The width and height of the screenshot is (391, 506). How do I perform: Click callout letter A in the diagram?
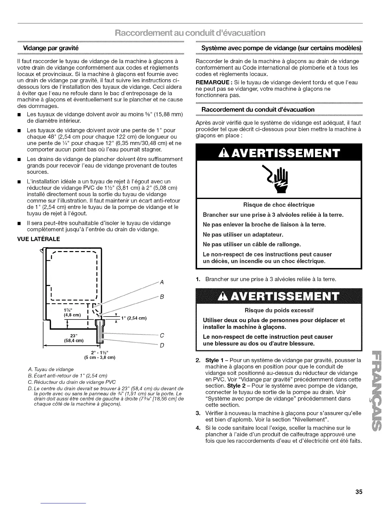tap(162, 282)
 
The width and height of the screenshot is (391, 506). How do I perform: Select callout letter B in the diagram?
tap(162, 297)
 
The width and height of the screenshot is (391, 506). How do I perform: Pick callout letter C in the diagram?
tap(162, 335)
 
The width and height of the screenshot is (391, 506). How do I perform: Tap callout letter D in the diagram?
tap(162, 345)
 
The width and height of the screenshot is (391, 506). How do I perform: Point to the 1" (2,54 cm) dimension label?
tap(134, 318)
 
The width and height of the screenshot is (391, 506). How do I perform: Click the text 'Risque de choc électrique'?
tap(279, 205)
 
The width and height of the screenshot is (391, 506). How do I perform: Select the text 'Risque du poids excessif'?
tap(279, 310)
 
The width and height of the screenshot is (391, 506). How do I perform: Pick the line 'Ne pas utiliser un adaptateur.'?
tap(243, 235)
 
